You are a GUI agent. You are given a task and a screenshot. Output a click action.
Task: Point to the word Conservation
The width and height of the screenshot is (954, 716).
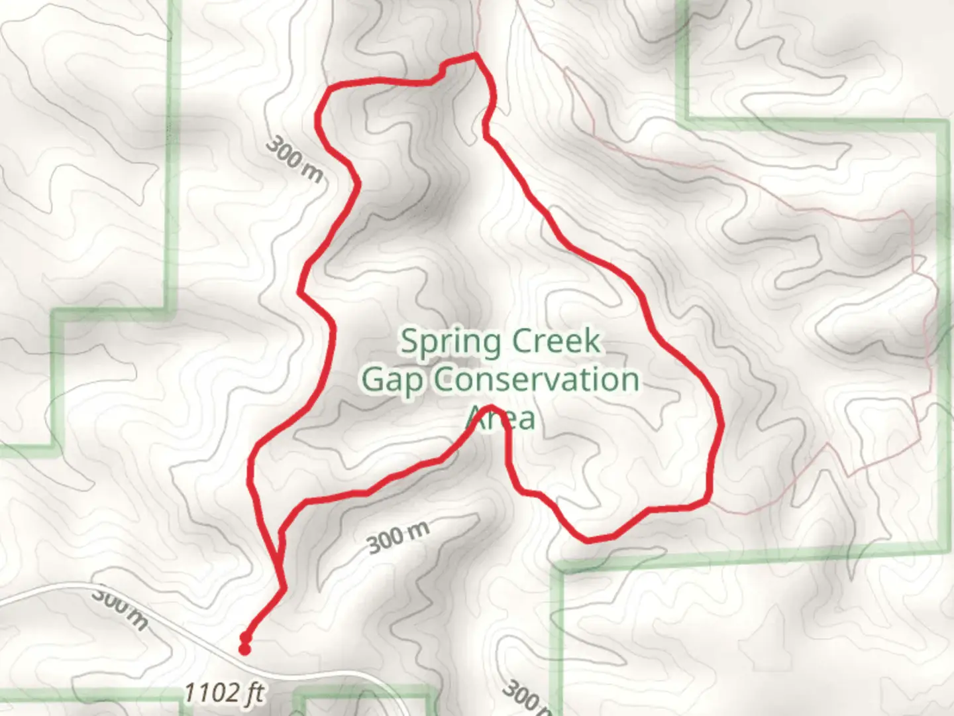coord(537,381)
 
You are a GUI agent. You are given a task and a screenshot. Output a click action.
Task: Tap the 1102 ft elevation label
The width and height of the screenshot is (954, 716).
coord(223,693)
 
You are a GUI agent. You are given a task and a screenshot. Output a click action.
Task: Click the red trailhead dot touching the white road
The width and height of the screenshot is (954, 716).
coord(245,650)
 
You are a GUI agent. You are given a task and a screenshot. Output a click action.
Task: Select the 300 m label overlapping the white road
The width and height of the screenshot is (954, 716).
coord(119,606)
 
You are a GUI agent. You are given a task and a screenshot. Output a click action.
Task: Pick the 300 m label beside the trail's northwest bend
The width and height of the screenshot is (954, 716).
coord(295,160)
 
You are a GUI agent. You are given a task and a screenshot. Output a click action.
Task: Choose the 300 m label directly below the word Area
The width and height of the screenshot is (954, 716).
coord(398,536)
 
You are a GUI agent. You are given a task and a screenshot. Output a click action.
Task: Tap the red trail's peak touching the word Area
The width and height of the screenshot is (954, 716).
coord(491,406)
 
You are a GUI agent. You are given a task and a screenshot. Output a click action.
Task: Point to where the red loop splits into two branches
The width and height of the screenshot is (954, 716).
coord(283,587)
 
